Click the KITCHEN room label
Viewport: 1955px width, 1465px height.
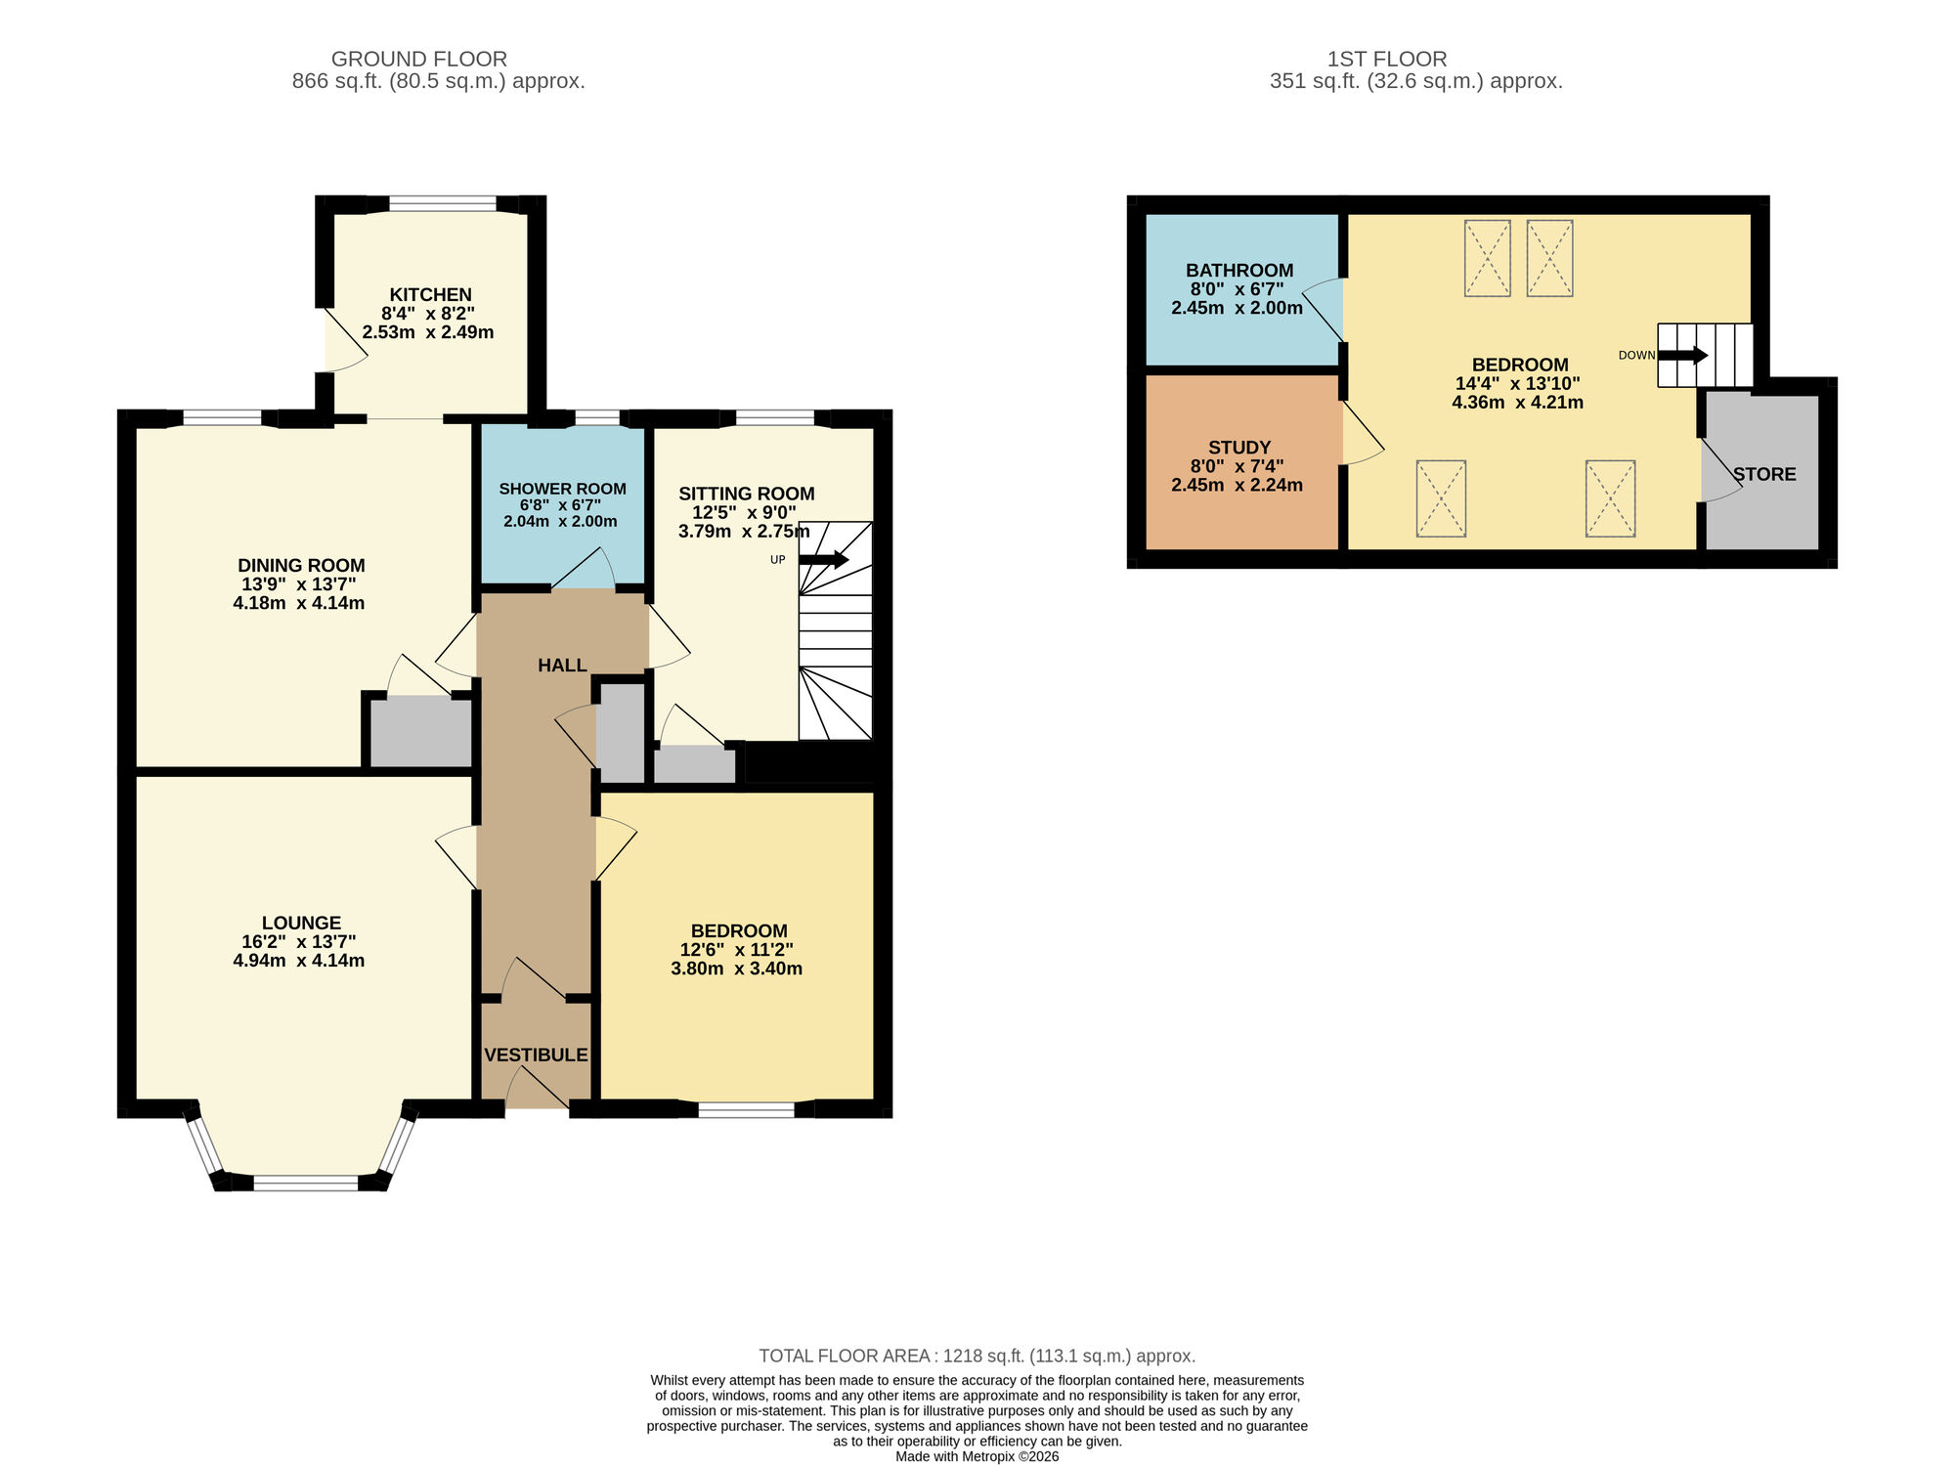click(x=430, y=294)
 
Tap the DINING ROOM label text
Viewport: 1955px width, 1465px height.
click(x=301, y=565)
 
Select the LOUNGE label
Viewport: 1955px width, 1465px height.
click(x=301, y=923)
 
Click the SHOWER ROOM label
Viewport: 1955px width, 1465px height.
click(x=562, y=489)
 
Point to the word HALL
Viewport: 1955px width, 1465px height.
click(x=562, y=666)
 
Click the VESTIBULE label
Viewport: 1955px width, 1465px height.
click(x=536, y=1055)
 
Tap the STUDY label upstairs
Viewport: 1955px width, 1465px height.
click(x=1238, y=448)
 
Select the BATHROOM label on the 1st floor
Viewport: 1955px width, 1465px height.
click(x=1238, y=271)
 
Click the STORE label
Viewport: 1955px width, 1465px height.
click(x=1763, y=474)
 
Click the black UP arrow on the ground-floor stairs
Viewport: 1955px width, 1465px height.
click(x=824, y=560)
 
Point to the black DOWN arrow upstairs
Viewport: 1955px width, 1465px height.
click(x=1682, y=355)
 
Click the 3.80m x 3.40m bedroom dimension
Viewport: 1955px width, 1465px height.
click(x=736, y=969)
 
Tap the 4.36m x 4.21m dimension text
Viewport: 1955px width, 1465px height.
click(x=1517, y=402)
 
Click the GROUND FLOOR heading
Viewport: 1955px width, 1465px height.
click(x=418, y=59)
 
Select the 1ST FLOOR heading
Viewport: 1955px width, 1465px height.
click(x=1386, y=59)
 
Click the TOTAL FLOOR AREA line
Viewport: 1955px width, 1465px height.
click(x=977, y=1356)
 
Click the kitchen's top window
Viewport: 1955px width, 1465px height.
click(x=442, y=204)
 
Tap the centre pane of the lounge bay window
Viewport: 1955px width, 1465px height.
click(x=306, y=1183)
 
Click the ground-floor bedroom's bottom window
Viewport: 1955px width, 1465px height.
click(x=746, y=1109)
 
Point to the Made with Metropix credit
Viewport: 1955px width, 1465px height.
click(x=977, y=1456)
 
